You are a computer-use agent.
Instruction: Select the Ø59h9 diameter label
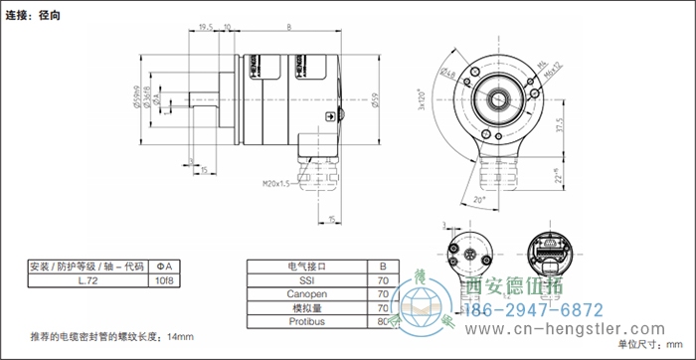pos(165,96)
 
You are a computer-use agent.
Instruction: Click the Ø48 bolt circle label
pos(449,75)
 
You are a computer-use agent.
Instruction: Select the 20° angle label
pos(481,200)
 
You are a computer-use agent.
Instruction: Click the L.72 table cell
pos(87,281)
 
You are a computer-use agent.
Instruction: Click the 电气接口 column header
pos(306,267)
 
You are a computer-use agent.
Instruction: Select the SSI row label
pos(306,281)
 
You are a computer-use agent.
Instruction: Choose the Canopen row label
pos(306,295)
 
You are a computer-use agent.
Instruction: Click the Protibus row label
pos(306,322)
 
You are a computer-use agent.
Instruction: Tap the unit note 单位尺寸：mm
pos(651,344)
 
